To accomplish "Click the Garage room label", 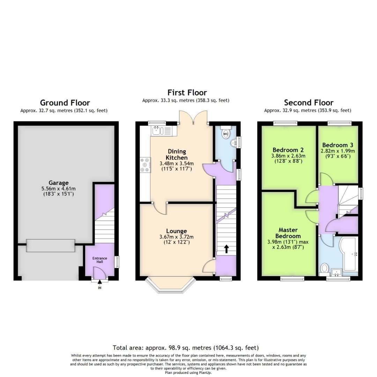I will [x=58, y=183].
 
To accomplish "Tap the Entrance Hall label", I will [x=100, y=260].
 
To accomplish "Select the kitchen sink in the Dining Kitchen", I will [x=156, y=131].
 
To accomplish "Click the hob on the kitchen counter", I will [x=145, y=165].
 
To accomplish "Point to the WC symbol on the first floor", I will [x=226, y=133].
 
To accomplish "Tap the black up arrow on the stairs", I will [x=226, y=249].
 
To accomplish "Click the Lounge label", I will [x=176, y=231].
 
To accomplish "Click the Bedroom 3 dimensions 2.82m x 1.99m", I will [x=338, y=151].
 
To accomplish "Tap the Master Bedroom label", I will [x=288, y=233].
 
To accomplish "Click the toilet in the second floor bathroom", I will [x=324, y=268].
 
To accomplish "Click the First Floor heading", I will [x=187, y=93].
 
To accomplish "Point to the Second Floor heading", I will [x=309, y=103].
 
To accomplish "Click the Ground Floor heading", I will [x=65, y=103].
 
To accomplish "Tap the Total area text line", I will [x=185, y=348].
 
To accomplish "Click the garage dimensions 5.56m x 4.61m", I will [x=58, y=188].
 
